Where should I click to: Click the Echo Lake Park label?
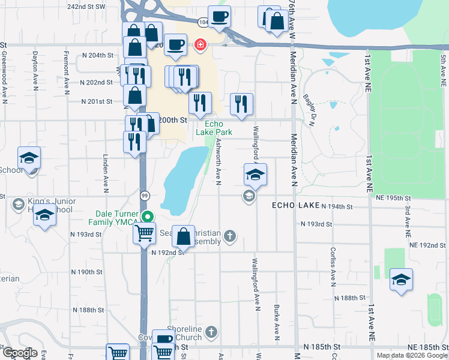214,128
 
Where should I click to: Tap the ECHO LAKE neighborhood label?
295,205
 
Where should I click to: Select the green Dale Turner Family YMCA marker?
146,217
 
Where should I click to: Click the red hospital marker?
199,45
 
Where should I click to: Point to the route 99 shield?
145,196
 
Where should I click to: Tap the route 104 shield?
203,23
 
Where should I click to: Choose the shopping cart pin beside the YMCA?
144,233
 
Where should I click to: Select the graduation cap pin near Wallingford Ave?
255,175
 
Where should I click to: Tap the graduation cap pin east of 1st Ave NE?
401,279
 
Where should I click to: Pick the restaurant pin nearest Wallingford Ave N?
241,103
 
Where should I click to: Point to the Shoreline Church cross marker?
210,331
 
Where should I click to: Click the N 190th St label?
87,272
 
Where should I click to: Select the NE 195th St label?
393,197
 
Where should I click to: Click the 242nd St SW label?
86,7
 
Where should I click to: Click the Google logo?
20,353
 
